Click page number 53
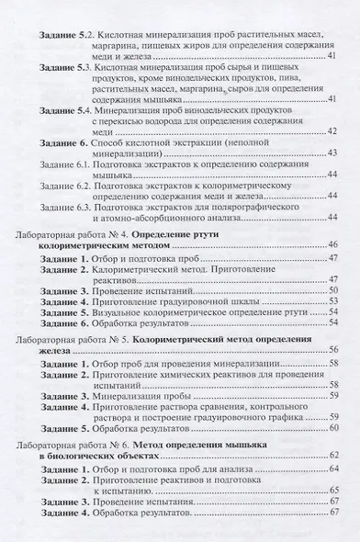click(x=333, y=300)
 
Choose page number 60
click(x=333, y=429)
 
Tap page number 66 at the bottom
click(x=333, y=516)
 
